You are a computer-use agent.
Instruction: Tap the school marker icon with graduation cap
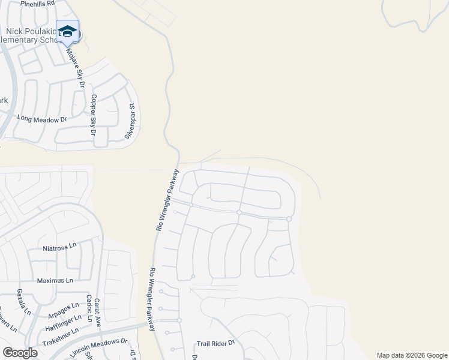(67, 32)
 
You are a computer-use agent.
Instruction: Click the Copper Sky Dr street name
(94, 114)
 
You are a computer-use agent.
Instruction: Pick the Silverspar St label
(130, 121)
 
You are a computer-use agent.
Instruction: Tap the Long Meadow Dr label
(42, 119)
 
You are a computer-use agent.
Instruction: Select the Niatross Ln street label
(60, 246)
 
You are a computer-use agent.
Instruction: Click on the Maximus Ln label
(55, 280)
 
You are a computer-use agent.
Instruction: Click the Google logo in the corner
(20, 353)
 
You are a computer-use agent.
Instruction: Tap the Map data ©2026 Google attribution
(412, 355)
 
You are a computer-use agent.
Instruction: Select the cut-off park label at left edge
(4, 101)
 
